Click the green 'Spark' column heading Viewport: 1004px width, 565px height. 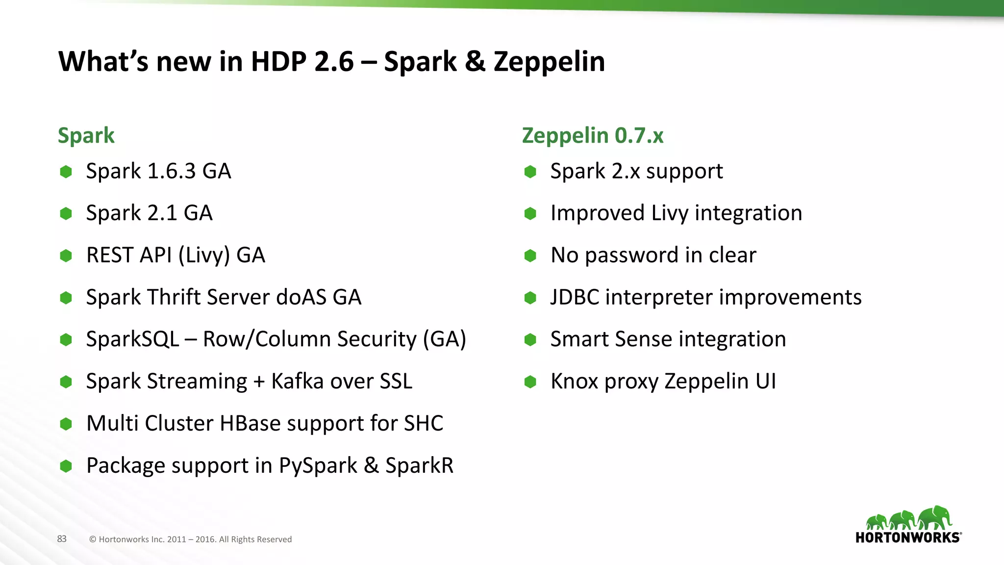coord(86,136)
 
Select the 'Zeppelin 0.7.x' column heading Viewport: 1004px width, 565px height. coord(593,136)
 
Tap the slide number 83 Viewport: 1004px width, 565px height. coord(62,539)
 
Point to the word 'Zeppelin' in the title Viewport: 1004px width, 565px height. coord(549,62)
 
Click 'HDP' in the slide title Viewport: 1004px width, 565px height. coord(278,62)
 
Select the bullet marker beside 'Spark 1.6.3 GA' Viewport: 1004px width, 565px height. coord(66,172)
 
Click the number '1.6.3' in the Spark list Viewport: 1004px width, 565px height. coord(172,171)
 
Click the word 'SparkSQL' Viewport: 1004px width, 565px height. coord(132,339)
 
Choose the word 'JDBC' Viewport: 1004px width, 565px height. coord(575,297)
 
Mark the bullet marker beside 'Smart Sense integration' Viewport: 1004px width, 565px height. coord(530,339)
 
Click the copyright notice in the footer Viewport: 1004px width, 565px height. coord(190,539)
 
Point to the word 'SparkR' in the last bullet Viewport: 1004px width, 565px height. coord(419,465)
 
